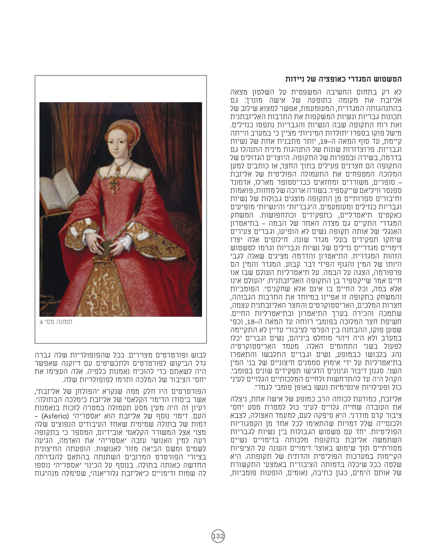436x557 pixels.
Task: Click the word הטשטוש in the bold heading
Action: (x=389, y=79)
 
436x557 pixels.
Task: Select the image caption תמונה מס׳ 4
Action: (x=56, y=322)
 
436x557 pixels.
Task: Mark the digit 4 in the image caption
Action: (x=41, y=322)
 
